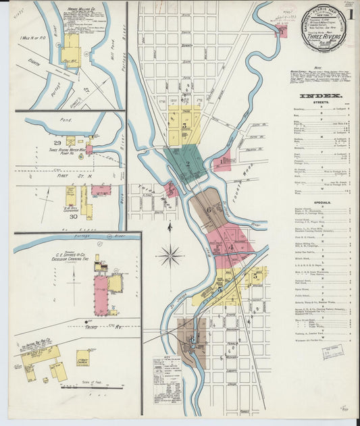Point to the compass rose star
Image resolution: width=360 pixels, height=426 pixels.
click(x=170, y=256)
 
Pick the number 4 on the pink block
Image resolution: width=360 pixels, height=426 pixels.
click(x=231, y=247)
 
